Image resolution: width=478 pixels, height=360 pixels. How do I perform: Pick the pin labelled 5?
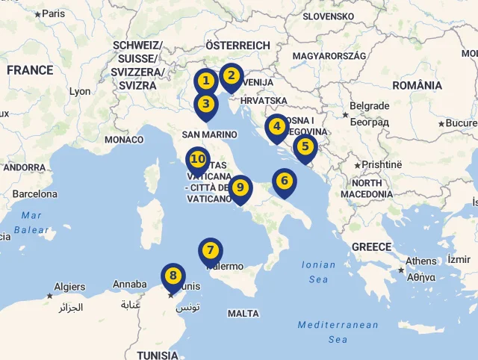click(277, 127)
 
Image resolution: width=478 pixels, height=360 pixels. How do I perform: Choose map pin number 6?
click(305, 147)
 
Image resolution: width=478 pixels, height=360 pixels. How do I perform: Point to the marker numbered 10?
click(240, 188)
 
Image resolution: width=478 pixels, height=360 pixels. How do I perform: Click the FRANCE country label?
click(198, 160)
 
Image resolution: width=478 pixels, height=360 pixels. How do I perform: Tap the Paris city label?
click(53, 13)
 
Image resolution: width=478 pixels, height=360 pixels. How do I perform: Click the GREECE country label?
click(371, 247)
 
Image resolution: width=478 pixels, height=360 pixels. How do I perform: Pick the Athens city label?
click(421, 261)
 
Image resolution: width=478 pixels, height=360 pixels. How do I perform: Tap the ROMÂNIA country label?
click(417, 86)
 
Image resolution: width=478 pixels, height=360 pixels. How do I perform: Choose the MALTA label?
click(243, 314)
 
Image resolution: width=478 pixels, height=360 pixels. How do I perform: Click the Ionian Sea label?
click(318, 272)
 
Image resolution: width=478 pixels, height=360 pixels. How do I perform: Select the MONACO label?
click(124, 140)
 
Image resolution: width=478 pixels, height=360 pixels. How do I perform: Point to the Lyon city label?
click(80, 92)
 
